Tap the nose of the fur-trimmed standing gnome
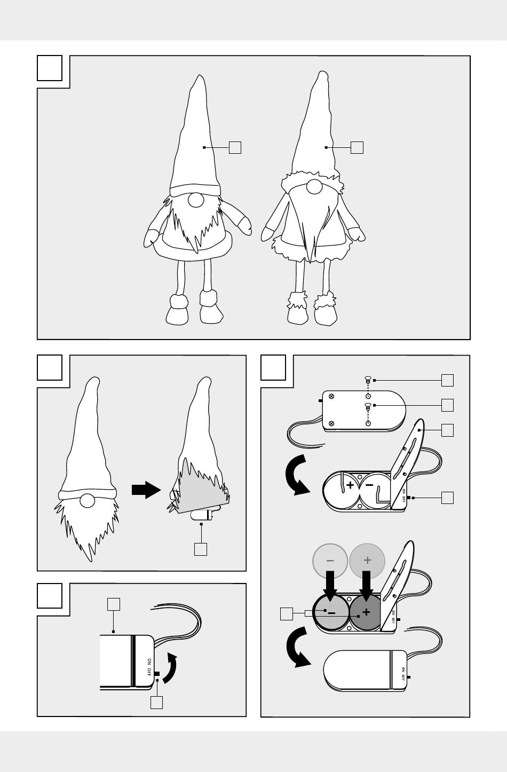click(314, 187)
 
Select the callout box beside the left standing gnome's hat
click(235, 147)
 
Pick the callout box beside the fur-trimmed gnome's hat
click(357, 147)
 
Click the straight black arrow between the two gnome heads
click(146, 490)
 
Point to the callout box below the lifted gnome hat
click(201, 549)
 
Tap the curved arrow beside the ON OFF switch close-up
click(170, 667)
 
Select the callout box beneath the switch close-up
click(156, 703)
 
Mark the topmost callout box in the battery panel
click(447, 381)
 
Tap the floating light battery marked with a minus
click(330, 561)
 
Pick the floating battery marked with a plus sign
click(367, 561)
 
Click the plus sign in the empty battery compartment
click(350, 485)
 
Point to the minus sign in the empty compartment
click(369, 485)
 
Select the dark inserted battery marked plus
click(366, 612)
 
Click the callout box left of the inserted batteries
click(287, 614)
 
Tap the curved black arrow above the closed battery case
click(297, 647)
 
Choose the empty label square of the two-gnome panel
click(50, 68)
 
